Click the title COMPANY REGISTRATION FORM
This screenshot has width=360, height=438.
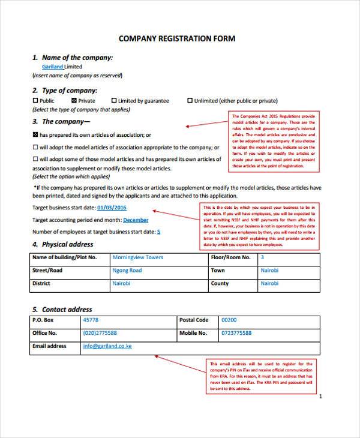pyautogui.click(x=177, y=39)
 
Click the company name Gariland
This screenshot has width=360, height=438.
pyautogui.click(x=52, y=67)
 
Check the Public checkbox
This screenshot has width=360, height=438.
pyautogui.click(x=35, y=101)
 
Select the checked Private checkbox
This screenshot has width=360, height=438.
pyautogui.click(x=74, y=101)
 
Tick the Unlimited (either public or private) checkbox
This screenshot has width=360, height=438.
pyautogui.click(x=190, y=101)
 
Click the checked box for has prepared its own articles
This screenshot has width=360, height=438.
pyautogui.click(x=35, y=135)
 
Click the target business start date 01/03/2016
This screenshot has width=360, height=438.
pyautogui.click(x=112, y=208)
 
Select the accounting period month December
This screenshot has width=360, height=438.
pyautogui.click(x=136, y=220)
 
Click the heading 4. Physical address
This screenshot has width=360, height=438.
pyautogui.click(x=63, y=244)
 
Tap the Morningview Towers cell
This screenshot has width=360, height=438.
pyautogui.click(x=137, y=257)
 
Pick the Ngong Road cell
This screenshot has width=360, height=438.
pyautogui.click(x=127, y=271)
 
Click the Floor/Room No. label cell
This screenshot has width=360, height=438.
pyautogui.click(x=230, y=257)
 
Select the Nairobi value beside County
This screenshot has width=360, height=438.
pyautogui.click(x=269, y=284)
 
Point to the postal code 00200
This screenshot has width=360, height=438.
pyautogui.click(x=229, y=320)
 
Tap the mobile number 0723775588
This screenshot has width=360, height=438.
pyautogui.click(x=236, y=333)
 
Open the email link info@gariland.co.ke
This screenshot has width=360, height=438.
pyautogui.click(x=107, y=346)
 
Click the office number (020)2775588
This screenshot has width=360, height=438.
pyautogui.click(x=100, y=333)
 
